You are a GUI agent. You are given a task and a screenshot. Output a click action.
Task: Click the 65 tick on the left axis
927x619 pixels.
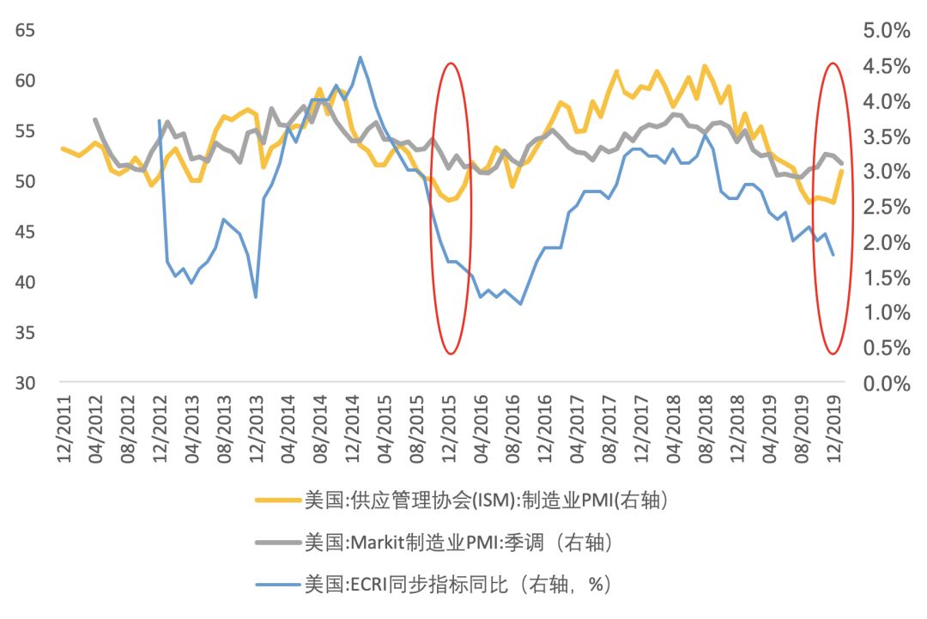pos(24,31)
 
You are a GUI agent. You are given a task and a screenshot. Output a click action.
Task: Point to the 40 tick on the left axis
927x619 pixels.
pos(24,282)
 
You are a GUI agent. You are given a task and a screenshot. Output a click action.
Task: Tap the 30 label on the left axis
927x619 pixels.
pos(24,383)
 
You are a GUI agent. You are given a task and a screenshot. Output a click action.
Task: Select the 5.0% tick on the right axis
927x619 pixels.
pos(885,31)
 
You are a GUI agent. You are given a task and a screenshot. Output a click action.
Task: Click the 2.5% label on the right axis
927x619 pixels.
pos(885,207)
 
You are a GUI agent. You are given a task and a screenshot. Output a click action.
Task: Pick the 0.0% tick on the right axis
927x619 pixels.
pos(885,383)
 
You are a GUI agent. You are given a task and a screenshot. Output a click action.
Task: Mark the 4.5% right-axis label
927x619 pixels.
pos(885,66)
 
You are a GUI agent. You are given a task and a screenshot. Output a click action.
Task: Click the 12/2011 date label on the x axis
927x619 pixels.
pos(64,431)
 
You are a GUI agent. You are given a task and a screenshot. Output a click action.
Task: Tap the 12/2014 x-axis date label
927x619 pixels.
pos(354,431)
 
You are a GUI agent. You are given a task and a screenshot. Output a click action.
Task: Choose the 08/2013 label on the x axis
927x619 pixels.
pos(225,431)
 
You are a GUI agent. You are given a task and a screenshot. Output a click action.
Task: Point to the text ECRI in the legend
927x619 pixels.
pos(367,586)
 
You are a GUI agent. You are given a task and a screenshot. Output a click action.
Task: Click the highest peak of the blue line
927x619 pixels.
pos(360,58)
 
